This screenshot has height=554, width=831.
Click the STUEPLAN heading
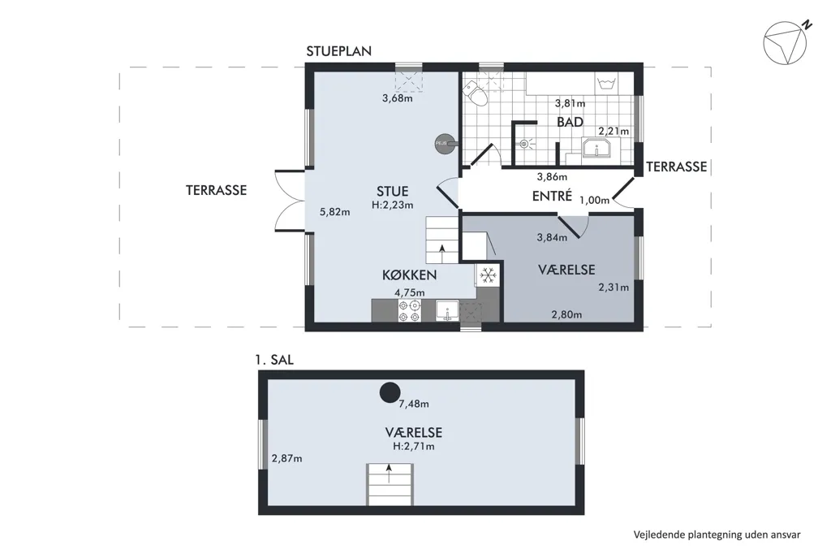point(338,51)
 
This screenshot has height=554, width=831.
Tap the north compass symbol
point(787,41)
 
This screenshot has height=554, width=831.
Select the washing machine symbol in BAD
point(605,83)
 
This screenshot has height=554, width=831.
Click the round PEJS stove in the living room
point(444,143)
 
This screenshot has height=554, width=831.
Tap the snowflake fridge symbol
point(487,275)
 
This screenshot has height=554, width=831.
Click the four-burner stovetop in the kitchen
point(409,310)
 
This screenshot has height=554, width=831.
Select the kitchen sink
point(448,310)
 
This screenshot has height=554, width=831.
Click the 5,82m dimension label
point(335,212)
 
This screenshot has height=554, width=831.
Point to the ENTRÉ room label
point(552,196)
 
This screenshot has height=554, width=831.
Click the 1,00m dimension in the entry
point(594,200)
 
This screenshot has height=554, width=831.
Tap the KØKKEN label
point(410,275)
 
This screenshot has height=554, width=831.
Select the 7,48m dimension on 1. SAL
point(414,404)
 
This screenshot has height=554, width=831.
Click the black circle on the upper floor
point(390,392)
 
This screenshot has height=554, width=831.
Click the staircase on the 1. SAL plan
point(390,484)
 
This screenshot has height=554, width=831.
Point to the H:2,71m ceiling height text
point(413,446)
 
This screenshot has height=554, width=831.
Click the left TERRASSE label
point(216,190)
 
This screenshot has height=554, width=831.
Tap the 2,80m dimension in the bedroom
point(566,314)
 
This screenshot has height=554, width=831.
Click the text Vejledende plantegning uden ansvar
point(717,535)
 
